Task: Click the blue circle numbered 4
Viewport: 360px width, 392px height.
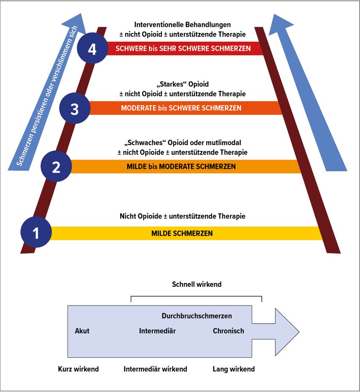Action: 92,48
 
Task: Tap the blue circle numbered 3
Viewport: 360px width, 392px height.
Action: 75,108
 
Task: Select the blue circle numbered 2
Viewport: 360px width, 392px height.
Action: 56,166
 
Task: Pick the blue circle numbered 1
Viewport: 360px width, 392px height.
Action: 36,232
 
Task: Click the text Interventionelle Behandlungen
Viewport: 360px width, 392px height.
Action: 183,25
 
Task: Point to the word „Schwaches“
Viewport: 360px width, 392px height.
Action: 145,143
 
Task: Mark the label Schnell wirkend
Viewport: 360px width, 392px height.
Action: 196,284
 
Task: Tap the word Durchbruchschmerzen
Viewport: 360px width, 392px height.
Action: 197,316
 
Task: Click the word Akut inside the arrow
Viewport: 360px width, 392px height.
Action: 82,331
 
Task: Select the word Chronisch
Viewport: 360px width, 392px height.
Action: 228,331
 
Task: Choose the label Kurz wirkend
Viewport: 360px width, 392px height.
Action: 78,369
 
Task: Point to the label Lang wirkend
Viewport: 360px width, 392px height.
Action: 234,369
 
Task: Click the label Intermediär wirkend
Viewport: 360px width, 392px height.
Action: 156,369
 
